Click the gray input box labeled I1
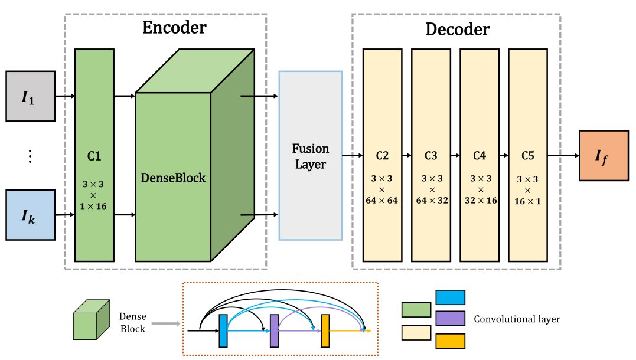tap(30, 96)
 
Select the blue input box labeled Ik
tap(30, 215)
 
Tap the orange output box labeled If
tap(604, 156)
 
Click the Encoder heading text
tap(174, 28)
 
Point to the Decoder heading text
tap(458, 29)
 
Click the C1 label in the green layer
tap(94, 156)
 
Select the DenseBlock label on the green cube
tap(173, 178)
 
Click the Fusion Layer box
tap(310, 156)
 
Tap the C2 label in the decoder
tap(382, 156)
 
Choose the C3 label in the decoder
tap(430, 156)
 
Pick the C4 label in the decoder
tap(479, 156)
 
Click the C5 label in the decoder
tap(527, 156)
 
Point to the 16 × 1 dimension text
tap(527, 201)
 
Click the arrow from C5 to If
tap(563, 156)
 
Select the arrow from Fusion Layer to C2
tap(353, 156)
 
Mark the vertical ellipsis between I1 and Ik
tap(30, 156)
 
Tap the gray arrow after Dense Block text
tap(164, 323)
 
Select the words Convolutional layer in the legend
tap(517, 319)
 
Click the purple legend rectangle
tap(449, 319)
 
